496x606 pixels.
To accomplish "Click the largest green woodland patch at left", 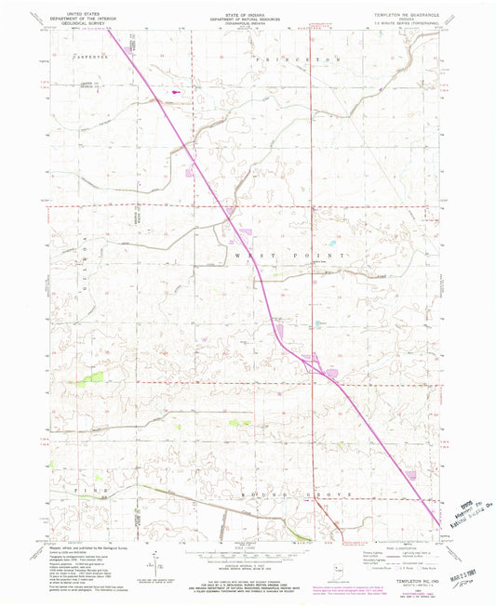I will [x=92, y=377].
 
